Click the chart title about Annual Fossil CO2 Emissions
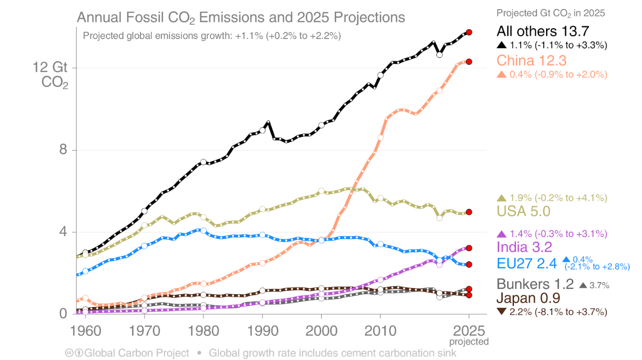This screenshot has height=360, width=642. (241, 18)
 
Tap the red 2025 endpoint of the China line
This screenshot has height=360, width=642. (469, 62)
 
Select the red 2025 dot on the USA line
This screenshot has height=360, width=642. (469, 212)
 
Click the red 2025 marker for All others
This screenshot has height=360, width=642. (469, 32)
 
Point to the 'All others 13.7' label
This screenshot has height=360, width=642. (543, 32)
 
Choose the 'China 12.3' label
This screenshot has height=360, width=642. (531, 61)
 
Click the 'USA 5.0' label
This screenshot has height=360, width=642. (523, 211)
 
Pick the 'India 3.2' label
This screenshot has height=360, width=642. (524, 247)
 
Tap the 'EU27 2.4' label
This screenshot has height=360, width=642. (526, 263)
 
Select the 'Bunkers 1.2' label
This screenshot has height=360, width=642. (535, 284)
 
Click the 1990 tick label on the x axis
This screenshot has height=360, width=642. (262, 332)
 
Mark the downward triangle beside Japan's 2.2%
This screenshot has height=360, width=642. (501, 312)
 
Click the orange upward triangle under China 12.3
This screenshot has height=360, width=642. (501, 74)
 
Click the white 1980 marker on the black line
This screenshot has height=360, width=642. (203, 162)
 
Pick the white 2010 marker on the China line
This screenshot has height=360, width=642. (380, 138)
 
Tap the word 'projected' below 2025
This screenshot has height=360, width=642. (469, 342)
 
